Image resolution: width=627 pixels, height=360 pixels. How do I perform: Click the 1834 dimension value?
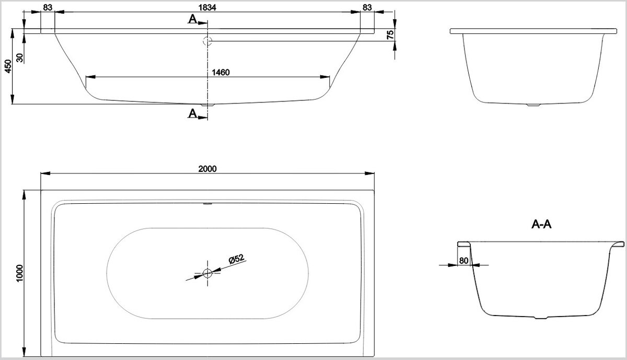click(x=208, y=7)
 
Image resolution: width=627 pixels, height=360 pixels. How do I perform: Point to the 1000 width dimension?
click(x=20, y=273)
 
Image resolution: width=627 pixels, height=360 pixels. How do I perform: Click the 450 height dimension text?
click(x=7, y=66)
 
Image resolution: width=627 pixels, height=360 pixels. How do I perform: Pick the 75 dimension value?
click(x=389, y=34)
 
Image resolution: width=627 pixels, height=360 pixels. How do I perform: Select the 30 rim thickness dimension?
click(x=20, y=57)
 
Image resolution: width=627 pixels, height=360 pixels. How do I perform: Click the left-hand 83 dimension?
click(x=47, y=7)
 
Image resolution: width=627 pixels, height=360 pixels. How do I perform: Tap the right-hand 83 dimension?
click(x=367, y=7)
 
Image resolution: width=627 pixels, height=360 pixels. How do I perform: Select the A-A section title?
click(x=541, y=225)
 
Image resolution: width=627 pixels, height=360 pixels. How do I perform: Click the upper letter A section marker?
click(x=193, y=19)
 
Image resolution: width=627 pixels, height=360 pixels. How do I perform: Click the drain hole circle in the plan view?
click(x=208, y=272)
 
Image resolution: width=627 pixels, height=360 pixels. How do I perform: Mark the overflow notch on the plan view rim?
click(x=208, y=204)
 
